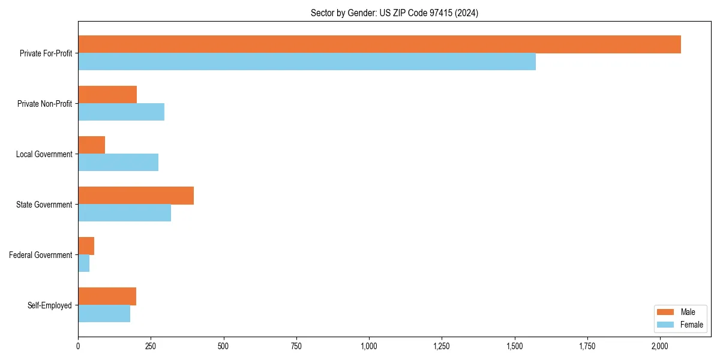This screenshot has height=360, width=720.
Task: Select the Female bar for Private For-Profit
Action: (x=307, y=62)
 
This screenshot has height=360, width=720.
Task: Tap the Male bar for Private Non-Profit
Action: (x=107, y=95)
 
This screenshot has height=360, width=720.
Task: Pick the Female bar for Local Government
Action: (x=118, y=163)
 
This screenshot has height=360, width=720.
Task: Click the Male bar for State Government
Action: (x=136, y=196)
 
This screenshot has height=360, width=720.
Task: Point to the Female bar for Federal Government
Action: (x=84, y=263)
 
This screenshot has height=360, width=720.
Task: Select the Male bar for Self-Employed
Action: (x=107, y=296)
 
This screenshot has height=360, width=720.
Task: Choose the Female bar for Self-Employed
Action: (x=104, y=314)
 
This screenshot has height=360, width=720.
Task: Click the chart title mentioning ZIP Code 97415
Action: (x=394, y=13)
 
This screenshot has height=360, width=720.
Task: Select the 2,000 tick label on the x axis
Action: (x=660, y=346)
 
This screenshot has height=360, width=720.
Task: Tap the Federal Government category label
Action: (x=40, y=255)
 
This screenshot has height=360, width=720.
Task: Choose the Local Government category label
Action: (x=44, y=154)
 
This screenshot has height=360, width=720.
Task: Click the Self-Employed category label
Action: (x=49, y=305)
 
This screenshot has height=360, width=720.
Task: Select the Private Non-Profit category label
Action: (x=44, y=104)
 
